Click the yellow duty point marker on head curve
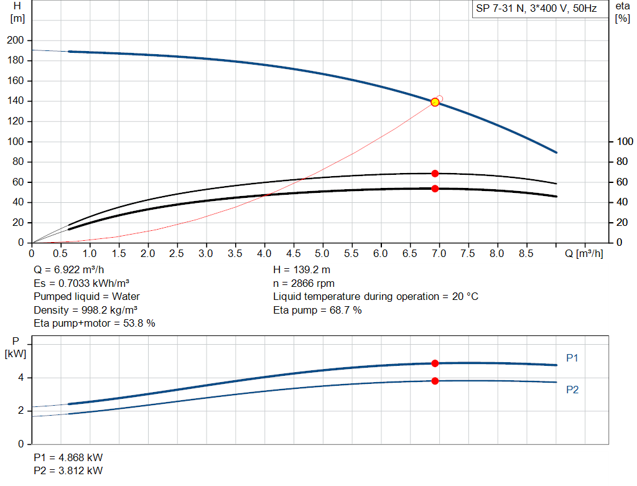pyautogui.click(x=435, y=102)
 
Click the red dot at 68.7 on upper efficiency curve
pyautogui.click(x=435, y=174)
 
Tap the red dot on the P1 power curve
pyautogui.click(x=435, y=363)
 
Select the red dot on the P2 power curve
pyautogui.click(x=435, y=381)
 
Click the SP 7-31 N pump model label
pyautogui.click(x=536, y=9)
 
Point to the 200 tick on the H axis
pyautogui.click(x=17, y=40)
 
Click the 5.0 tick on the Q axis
pyautogui.click(x=322, y=253)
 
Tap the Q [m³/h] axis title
pyautogui.click(x=584, y=253)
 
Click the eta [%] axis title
pyautogui.click(x=623, y=12)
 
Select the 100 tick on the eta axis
pyautogui.click(x=624, y=142)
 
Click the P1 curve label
pyautogui.click(x=573, y=358)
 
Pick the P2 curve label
pyautogui.click(x=573, y=390)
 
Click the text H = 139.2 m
pyautogui.click(x=302, y=270)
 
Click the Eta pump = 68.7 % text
pyautogui.click(x=317, y=310)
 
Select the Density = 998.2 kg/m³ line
pyautogui.click(x=86, y=310)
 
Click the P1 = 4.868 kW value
pyautogui.click(x=68, y=457)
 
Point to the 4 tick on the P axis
pyautogui.click(x=21, y=378)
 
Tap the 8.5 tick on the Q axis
pyautogui.click(x=526, y=253)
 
